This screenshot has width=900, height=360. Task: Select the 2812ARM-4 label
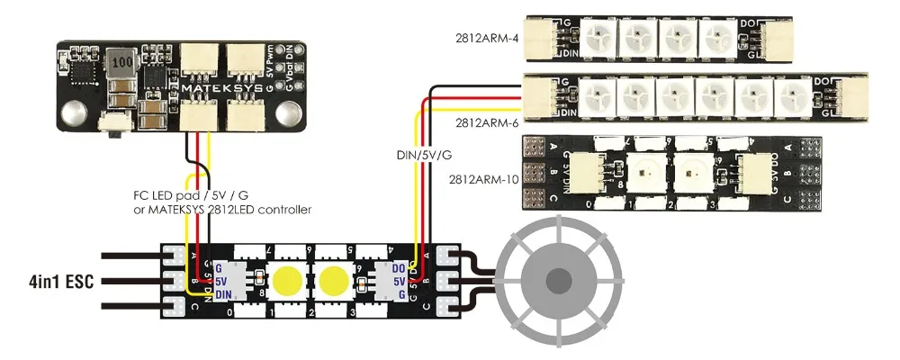[487, 39]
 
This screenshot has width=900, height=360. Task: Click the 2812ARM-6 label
[487, 120]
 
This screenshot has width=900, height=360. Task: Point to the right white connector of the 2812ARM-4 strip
[774, 38]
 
